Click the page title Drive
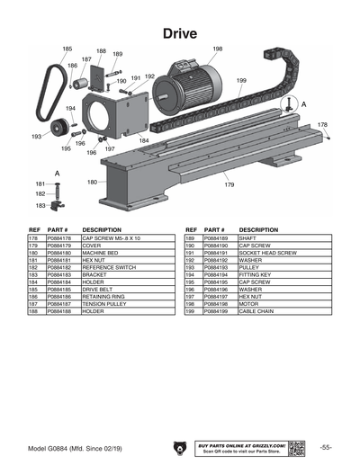pos(180,32)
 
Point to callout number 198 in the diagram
pos(217,49)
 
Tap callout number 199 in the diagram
pos(241,81)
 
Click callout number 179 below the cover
pos(229,184)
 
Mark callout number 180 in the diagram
pos(92,182)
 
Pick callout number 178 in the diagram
pos(322,125)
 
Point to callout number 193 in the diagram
pos(36,137)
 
